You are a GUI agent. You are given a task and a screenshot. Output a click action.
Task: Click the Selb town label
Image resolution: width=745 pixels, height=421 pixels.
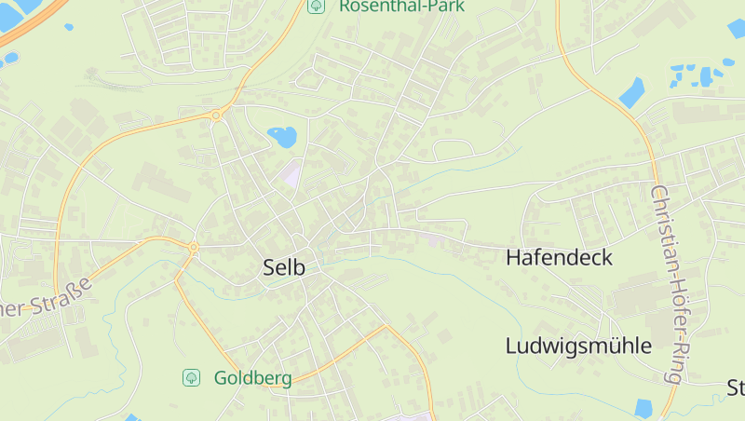(x=284, y=268)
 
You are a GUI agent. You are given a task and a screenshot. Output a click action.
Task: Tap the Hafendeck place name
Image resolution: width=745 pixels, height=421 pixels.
(x=559, y=258)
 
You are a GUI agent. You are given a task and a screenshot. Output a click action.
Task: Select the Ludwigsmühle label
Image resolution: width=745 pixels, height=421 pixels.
(x=578, y=346)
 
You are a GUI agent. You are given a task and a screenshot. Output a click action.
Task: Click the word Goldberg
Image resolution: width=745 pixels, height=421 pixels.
(x=252, y=378)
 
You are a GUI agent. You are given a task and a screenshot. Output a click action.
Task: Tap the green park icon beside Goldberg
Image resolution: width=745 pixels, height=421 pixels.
(x=191, y=377)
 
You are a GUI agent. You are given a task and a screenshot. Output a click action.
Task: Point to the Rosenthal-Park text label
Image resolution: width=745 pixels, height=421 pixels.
(x=401, y=6)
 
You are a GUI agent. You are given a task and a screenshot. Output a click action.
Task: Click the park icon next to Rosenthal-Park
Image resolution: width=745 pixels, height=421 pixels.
(x=317, y=6)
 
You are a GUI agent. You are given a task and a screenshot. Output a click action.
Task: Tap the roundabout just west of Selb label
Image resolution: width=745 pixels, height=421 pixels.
(x=193, y=248)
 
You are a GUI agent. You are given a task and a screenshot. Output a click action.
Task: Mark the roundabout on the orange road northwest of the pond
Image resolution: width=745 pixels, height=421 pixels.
(x=216, y=115)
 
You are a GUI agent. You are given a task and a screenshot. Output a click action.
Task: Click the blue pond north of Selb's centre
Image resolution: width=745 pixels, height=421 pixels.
(x=282, y=137)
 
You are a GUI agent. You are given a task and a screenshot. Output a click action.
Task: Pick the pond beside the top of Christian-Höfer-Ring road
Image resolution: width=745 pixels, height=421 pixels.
(x=631, y=92)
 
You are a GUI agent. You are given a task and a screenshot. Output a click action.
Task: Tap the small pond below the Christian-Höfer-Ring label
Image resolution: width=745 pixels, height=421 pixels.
(x=643, y=407)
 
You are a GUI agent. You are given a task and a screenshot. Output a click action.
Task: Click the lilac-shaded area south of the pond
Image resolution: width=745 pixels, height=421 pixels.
(x=293, y=173)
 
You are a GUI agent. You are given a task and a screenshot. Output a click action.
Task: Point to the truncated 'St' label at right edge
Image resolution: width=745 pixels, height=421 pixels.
(x=735, y=387)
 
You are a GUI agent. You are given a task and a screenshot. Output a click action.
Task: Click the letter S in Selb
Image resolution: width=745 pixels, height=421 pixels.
(x=269, y=268)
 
